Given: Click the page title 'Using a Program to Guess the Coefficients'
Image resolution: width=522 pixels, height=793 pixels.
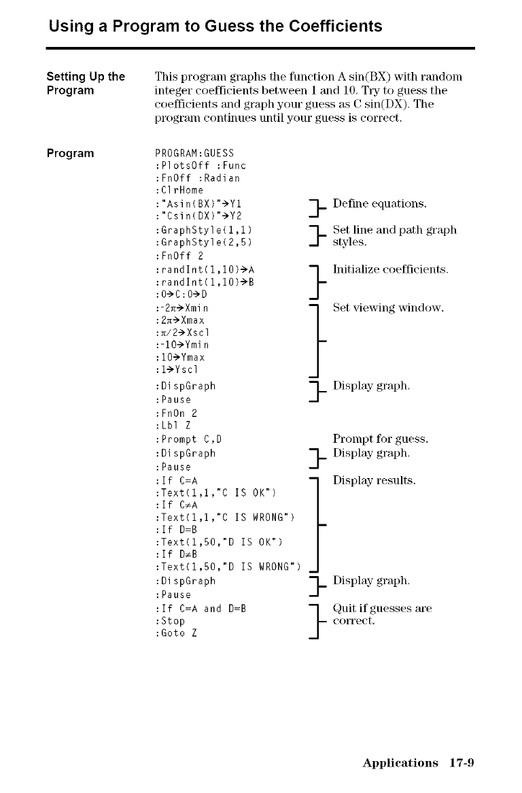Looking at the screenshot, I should (215, 27).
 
